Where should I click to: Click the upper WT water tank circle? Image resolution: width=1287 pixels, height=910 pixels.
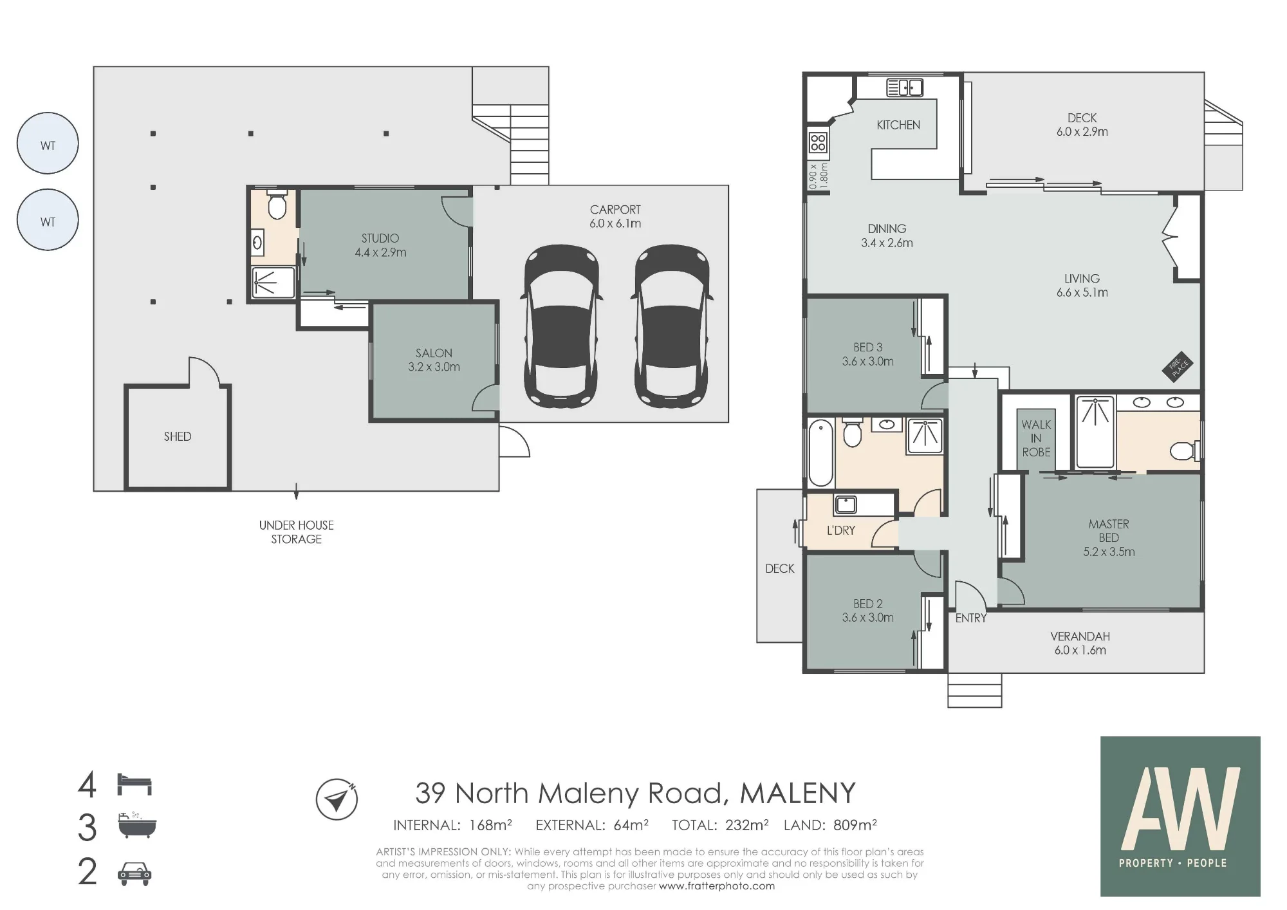click(48, 143)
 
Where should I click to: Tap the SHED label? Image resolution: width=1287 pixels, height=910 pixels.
click(178, 436)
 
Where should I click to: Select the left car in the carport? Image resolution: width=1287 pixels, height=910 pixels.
click(562, 326)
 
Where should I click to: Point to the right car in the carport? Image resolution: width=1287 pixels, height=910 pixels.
click(672, 326)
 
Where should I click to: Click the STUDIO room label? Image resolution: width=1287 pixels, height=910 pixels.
click(380, 238)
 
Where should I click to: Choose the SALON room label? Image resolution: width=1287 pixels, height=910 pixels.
click(434, 353)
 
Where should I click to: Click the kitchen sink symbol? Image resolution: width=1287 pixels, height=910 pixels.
click(905, 88)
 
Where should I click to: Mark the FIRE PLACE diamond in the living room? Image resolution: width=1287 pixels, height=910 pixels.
click(1178, 366)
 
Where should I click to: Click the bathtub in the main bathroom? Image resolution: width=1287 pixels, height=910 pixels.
click(820, 452)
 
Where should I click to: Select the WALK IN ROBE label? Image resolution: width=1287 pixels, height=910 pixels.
click(1036, 438)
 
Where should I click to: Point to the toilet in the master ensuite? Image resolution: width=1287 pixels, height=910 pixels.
click(1185, 450)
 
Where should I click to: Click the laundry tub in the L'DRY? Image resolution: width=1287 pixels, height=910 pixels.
click(846, 505)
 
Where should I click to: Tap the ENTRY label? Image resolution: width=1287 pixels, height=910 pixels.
click(971, 618)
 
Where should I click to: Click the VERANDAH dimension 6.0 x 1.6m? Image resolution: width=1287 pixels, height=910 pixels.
click(1080, 650)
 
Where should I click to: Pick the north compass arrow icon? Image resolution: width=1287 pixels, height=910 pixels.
click(337, 799)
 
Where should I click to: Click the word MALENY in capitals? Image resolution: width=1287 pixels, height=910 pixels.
click(798, 793)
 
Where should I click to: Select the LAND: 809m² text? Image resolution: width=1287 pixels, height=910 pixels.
click(830, 824)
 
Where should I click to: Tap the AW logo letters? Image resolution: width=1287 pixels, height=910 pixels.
click(1181, 808)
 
